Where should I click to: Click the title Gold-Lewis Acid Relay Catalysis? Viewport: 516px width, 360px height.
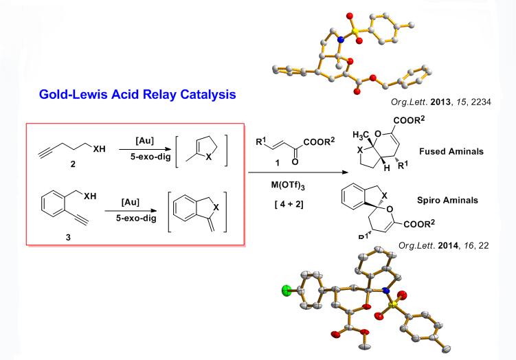(137, 94)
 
